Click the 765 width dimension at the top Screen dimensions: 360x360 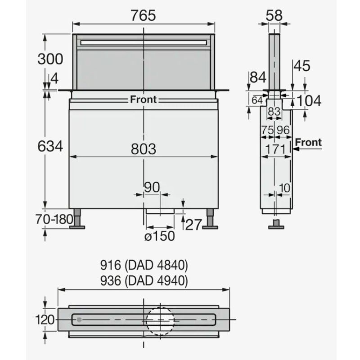coord(143,16)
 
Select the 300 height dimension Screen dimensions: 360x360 coord(50,59)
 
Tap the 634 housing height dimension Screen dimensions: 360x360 coord(50,146)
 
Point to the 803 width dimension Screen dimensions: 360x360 coord(144,149)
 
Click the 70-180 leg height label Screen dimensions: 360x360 coord(54,219)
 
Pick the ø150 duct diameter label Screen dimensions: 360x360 coord(160,236)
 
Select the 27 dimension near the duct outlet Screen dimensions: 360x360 coord(193,225)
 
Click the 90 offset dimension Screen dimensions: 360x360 coord(152,187)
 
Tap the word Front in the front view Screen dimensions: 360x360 coord(143,99)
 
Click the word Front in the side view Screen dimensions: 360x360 coord(308,142)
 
